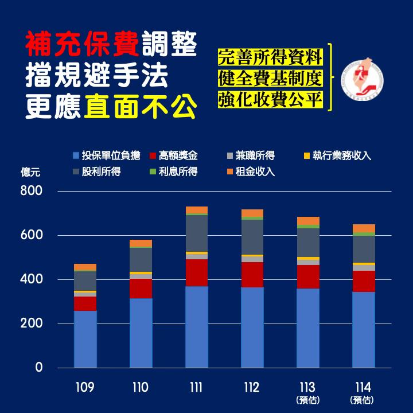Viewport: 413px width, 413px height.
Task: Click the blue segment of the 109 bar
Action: click(85, 338)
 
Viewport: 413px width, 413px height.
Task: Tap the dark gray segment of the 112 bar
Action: click(252, 237)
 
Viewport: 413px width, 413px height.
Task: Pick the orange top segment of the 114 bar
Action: click(364, 228)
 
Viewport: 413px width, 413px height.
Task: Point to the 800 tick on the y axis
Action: click(31, 191)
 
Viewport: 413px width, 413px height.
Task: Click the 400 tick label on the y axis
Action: click(31, 279)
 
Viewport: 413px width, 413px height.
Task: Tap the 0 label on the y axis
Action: click(38, 368)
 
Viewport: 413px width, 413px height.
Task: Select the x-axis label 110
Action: click(141, 388)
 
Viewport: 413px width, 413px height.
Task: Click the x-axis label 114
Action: click(364, 388)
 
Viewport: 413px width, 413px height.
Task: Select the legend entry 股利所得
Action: click(97, 172)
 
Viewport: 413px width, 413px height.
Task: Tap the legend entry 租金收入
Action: click(251, 172)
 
